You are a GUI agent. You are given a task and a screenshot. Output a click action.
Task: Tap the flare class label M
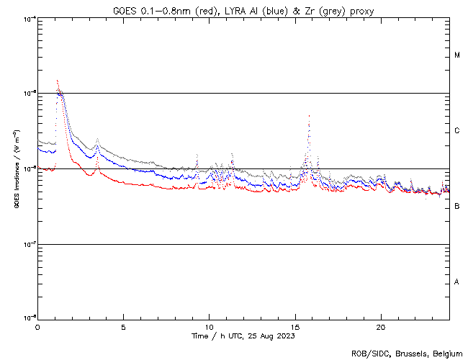(457, 55)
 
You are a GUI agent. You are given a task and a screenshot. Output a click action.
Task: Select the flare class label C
(457, 131)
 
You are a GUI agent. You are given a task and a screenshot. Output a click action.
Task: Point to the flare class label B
(457, 207)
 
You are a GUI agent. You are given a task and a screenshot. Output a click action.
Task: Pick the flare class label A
(457, 282)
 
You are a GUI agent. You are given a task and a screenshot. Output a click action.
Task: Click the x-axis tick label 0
(37, 327)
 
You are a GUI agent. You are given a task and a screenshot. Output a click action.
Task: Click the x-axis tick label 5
(123, 327)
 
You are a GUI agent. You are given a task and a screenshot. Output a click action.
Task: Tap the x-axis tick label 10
(209, 327)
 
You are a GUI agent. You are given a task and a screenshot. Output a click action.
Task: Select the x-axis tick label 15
(294, 327)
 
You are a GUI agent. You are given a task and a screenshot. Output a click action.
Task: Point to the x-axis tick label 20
(380, 327)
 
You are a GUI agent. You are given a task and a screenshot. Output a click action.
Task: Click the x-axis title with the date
(243, 336)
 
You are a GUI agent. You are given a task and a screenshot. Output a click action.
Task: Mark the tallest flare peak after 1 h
(57, 80)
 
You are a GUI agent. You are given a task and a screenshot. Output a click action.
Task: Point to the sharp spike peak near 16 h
(309, 115)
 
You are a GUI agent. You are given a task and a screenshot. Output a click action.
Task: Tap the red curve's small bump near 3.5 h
(97, 166)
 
